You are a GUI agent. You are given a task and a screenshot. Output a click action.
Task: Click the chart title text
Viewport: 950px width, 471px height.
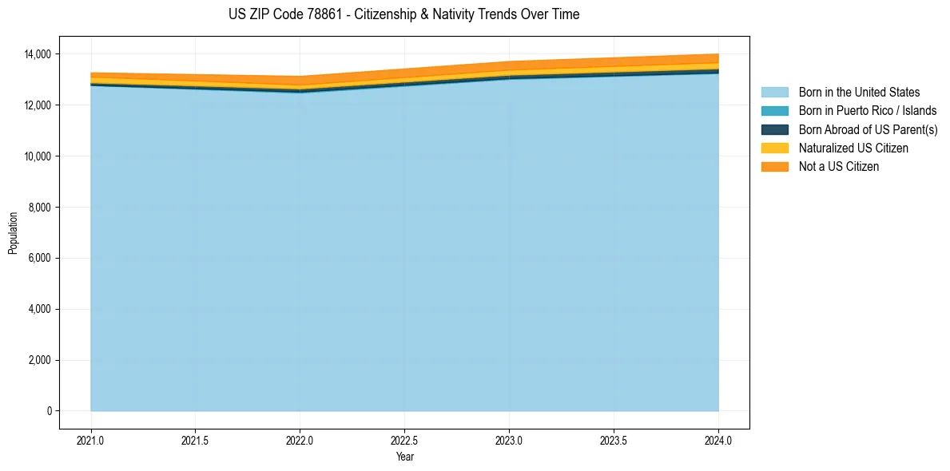tap(403, 14)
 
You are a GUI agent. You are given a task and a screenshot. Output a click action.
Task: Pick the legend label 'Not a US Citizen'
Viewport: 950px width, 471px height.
tap(838, 166)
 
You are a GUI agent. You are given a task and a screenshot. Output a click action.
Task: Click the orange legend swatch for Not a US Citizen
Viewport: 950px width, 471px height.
tap(774, 166)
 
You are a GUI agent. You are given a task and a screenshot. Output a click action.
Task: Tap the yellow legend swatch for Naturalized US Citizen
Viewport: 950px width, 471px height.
tap(774, 148)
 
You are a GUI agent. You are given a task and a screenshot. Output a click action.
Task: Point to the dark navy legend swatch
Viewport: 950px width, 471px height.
tap(774, 129)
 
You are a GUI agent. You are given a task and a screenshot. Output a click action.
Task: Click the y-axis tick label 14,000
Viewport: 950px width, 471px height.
tap(37, 54)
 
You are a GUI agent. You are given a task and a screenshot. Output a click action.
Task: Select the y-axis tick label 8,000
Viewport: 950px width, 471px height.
tap(39, 208)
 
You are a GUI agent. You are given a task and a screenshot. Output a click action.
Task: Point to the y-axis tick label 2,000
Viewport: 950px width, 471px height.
tap(39, 360)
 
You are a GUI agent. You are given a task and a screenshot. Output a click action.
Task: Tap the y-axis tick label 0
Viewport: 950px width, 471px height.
tap(49, 411)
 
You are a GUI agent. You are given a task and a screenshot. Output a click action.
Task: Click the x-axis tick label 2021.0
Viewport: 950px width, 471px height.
tap(91, 440)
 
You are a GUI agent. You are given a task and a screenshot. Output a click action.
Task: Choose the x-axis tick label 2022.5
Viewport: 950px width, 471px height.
tap(404, 440)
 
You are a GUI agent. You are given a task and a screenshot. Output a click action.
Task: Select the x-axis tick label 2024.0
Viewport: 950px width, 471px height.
tap(718, 440)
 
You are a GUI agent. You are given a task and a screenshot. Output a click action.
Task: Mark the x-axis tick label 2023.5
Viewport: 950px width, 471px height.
tap(614, 440)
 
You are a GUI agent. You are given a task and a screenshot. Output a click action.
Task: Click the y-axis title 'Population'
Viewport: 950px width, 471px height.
tap(13, 233)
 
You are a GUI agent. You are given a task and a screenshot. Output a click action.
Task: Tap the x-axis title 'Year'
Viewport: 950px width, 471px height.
tap(404, 457)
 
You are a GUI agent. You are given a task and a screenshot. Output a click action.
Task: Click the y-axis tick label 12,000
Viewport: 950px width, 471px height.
tap(37, 105)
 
